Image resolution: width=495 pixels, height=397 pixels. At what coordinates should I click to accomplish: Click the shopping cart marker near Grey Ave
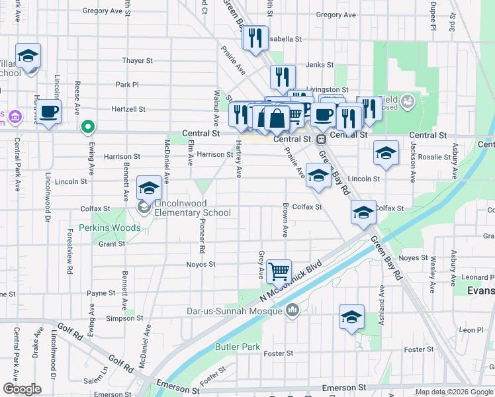pyautogui.click(x=279, y=271)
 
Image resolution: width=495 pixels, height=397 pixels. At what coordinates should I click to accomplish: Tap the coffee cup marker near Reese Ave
pyautogui.click(x=50, y=111)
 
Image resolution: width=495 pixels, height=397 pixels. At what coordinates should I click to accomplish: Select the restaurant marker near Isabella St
pyautogui.click(x=255, y=38)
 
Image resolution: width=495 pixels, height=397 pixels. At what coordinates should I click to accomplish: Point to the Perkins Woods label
pyautogui.click(x=110, y=228)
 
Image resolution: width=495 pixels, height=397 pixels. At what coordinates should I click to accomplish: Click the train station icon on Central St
pyautogui.click(x=321, y=139)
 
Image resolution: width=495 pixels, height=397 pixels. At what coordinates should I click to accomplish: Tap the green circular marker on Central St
pyautogui.click(x=87, y=126)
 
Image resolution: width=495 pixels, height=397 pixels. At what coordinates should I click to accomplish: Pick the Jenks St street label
pyautogui.click(x=318, y=66)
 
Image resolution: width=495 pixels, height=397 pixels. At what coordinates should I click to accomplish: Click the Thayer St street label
pyautogui.click(x=138, y=61)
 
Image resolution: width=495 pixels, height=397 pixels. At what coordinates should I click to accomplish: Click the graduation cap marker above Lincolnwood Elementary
pyautogui.click(x=149, y=189)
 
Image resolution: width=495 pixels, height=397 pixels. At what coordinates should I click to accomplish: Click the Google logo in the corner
pyautogui.click(x=22, y=389)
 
